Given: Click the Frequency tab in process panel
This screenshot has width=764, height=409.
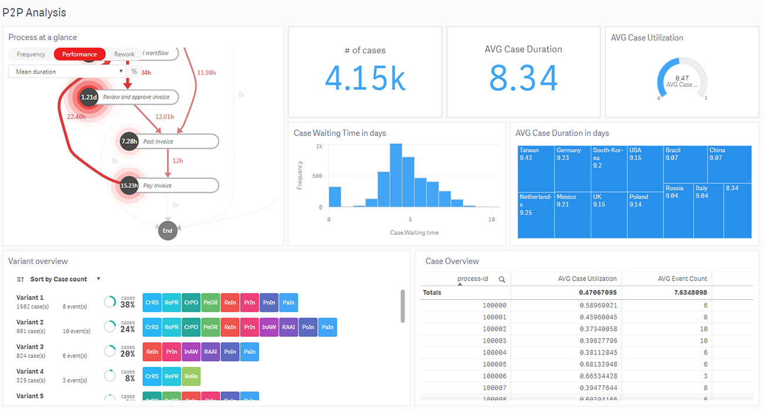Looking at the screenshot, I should pyautogui.click(x=31, y=54).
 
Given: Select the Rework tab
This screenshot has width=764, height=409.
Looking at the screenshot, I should pyautogui.click(x=125, y=54).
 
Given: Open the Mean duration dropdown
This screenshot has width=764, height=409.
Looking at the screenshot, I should pyautogui.click(x=67, y=72).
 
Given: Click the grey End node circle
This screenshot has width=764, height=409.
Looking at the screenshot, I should pyautogui.click(x=167, y=231).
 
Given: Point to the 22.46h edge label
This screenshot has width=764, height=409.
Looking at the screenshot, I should pyautogui.click(x=76, y=117).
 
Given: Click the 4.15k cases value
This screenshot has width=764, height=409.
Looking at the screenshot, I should pyautogui.click(x=365, y=78).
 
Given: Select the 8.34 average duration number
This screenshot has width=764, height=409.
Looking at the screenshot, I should pyautogui.click(x=524, y=78).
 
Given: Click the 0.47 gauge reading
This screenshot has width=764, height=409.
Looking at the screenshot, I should pyautogui.click(x=682, y=78).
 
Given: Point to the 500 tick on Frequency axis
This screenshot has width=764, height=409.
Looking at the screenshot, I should pyautogui.click(x=317, y=176).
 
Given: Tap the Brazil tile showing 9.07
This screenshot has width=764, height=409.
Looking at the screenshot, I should pyautogui.click(x=685, y=164).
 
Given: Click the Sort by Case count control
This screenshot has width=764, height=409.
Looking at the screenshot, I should pyautogui.click(x=59, y=279).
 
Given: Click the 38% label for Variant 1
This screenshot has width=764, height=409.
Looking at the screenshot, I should pyautogui.click(x=128, y=305).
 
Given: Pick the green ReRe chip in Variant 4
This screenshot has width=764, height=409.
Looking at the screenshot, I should pyautogui.click(x=191, y=376).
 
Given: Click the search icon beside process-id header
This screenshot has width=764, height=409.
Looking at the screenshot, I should pyautogui.click(x=502, y=279).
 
